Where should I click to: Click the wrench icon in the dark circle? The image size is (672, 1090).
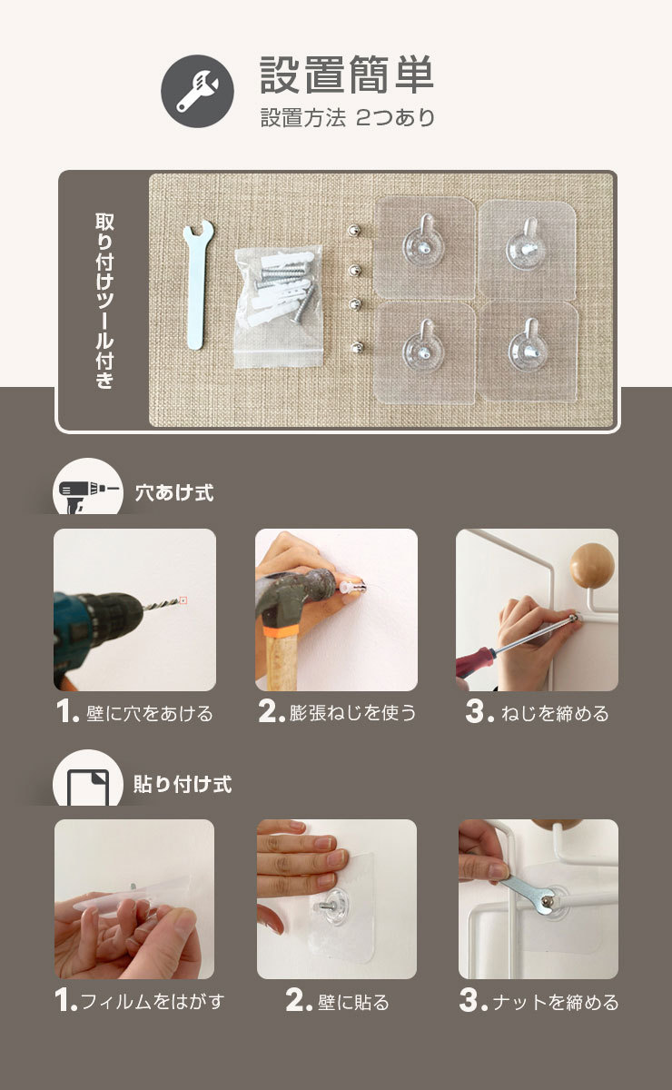[x=198, y=91]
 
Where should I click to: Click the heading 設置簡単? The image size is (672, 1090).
[x=346, y=74]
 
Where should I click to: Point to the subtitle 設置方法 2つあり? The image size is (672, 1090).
[x=348, y=118]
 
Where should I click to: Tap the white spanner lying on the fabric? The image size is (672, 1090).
[x=198, y=284]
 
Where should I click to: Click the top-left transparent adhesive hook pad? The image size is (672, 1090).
[x=424, y=247]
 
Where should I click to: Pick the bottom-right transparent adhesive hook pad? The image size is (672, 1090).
[x=528, y=352]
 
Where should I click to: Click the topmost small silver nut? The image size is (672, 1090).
[x=356, y=230]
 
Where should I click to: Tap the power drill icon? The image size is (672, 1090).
[x=88, y=494]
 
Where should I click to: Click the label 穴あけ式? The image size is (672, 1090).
[x=174, y=492]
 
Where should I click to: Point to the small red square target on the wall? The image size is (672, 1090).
[x=183, y=600]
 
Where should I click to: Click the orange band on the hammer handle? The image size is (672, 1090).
[x=281, y=631]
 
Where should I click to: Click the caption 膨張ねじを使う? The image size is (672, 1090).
[x=352, y=713]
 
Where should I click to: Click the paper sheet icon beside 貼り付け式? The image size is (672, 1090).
[x=87, y=787]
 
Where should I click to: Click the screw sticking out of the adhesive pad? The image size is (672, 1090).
[x=327, y=906]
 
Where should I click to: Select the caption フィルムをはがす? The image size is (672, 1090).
[x=153, y=1001]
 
